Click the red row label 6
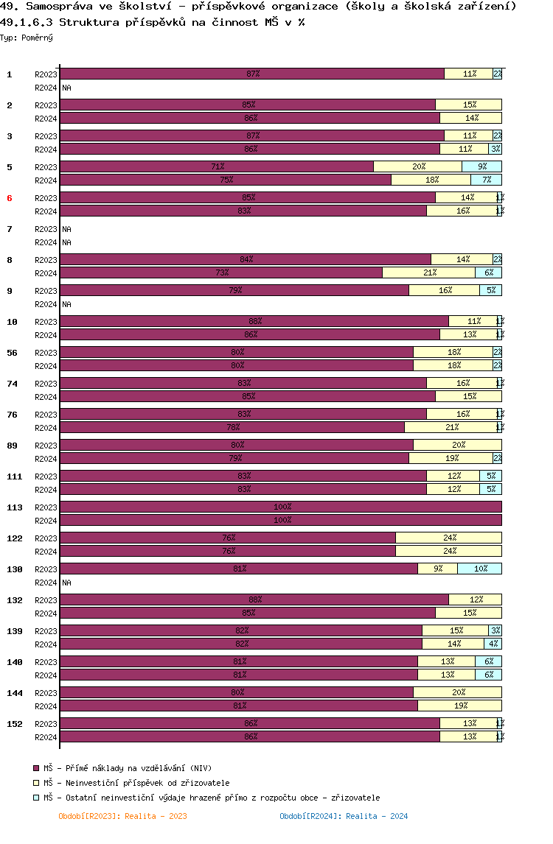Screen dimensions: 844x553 tap(10, 198)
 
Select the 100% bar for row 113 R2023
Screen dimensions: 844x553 tap(280, 507)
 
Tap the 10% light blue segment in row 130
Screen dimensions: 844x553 tap(479, 569)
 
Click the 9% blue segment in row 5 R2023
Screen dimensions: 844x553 tap(481, 166)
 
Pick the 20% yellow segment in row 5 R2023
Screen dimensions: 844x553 tap(417, 166)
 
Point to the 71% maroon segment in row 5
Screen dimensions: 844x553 tap(217, 166)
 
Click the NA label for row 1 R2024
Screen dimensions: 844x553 tap(66, 88)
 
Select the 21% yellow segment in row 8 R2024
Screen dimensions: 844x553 tap(428, 272)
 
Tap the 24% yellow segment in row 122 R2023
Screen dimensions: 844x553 tap(448, 538)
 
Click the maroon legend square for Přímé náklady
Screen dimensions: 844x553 tap(36, 768)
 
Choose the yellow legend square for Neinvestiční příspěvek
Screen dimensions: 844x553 tap(36, 783)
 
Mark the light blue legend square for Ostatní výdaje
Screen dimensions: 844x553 tap(36, 798)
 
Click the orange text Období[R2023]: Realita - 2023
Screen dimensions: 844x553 tap(122, 816)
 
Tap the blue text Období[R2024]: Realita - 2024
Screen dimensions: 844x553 tap(344, 816)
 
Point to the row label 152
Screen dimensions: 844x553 tap(15, 724)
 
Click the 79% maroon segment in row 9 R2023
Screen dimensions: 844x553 tap(234, 290)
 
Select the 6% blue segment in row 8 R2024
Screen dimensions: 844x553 tap(488, 272)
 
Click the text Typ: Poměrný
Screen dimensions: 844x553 tap(27, 37)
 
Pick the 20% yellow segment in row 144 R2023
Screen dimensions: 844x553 tap(457, 692)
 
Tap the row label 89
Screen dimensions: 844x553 tap(13, 446)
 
